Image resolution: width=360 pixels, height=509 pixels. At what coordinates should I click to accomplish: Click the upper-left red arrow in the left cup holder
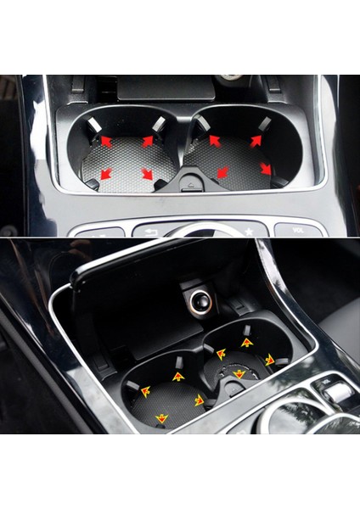click(106, 141)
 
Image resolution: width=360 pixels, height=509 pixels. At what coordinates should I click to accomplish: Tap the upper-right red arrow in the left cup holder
click(148, 141)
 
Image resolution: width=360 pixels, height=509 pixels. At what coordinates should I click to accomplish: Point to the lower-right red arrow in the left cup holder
click(147, 174)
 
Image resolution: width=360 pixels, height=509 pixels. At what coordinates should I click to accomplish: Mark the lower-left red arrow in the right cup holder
click(222, 173)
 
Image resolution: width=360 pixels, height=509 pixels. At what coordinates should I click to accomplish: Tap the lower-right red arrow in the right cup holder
click(266, 169)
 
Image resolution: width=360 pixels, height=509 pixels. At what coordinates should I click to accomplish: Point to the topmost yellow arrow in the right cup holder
click(247, 343)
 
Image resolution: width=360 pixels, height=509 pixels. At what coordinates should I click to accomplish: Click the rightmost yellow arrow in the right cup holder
click(270, 360)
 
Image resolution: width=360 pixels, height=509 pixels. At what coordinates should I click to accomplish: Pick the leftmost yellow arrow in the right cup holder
click(221, 353)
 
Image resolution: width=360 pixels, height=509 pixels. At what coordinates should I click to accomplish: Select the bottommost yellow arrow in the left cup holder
click(161, 418)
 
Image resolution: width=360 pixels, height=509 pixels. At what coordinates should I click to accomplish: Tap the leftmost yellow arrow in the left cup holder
click(145, 391)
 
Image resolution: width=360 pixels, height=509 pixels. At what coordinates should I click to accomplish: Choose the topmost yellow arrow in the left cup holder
click(178, 376)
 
